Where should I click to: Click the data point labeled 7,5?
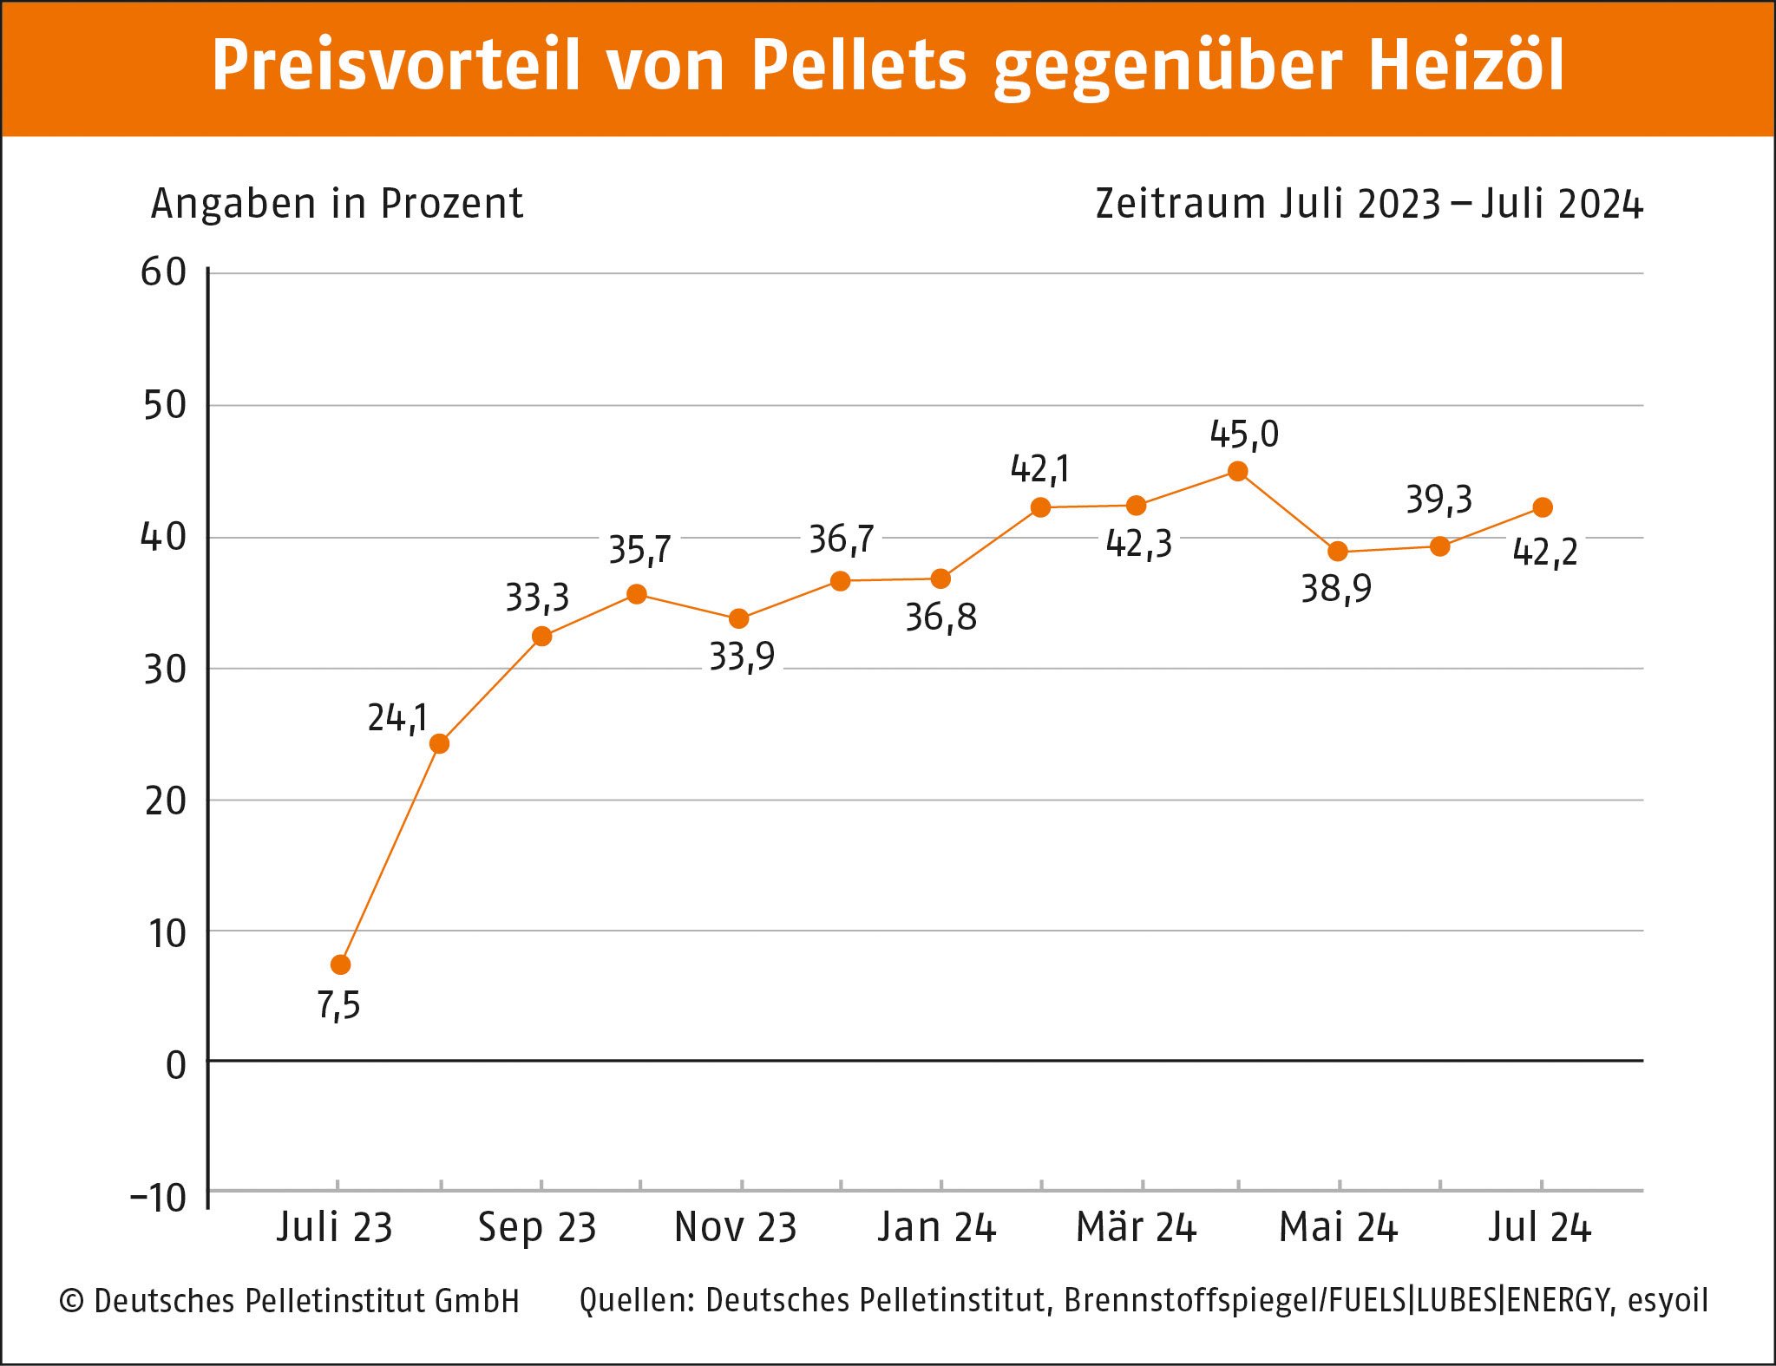coord(341,964)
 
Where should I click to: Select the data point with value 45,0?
coord(1238,472)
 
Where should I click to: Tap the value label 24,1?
coord(397,718)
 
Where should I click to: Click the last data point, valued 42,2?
coord(1543,507)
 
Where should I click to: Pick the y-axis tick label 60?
coord(164,272)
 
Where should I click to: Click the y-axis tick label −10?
coord(159,1198)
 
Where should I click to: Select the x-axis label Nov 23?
coord(736,1227)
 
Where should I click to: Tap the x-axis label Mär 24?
coord(1136,1227)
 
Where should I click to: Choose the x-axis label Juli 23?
coord(335,1227)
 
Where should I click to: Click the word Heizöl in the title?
coord(1466,66)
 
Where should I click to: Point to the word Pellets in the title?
coord(858,66)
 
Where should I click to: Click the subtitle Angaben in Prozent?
coord(337,204)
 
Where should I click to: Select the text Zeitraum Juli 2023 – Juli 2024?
coord(1368,204)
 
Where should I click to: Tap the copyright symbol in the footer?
coord(71,1301)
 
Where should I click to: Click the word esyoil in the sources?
coord(1668,1300)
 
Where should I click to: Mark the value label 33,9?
coord(742,657)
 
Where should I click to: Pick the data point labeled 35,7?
coord(637,594)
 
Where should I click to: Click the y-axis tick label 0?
coord(175,1065)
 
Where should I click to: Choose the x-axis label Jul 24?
coord(1540,1227)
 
